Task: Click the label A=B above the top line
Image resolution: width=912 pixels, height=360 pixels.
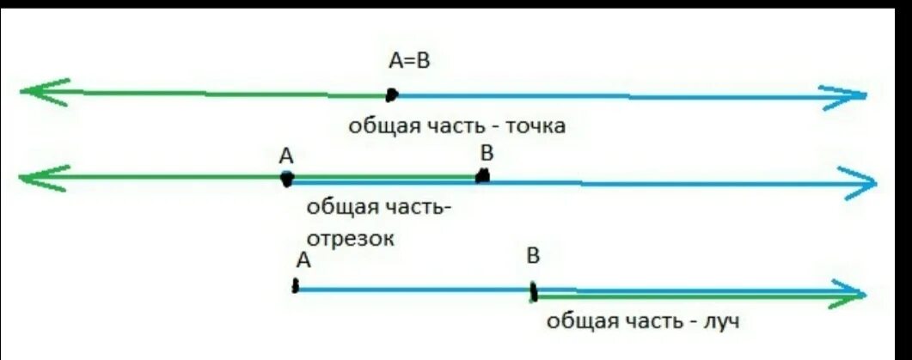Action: click(x=411, y=61)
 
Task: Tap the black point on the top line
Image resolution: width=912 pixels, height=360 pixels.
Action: click(x=392, y=94)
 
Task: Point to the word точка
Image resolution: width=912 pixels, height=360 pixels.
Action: click(x=536, y=127)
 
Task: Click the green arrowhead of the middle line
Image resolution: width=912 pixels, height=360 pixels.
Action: click(x=38, y=178)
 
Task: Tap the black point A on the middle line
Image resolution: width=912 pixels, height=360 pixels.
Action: click(x=287, y=179)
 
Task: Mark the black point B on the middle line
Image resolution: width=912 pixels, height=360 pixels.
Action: click(x=483, y=176)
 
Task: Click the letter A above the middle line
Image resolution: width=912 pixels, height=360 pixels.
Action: click(x=286, y=156)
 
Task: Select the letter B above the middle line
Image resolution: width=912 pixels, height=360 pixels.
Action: click(x=487, y=154)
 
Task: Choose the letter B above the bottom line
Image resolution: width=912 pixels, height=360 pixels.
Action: click(x=533, y=256)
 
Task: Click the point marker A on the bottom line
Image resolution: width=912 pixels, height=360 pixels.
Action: click(x=296, y=287)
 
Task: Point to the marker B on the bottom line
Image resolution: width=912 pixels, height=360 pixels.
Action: click(x=534, y=291)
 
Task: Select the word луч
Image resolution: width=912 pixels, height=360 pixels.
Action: click(x=719, y=322)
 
